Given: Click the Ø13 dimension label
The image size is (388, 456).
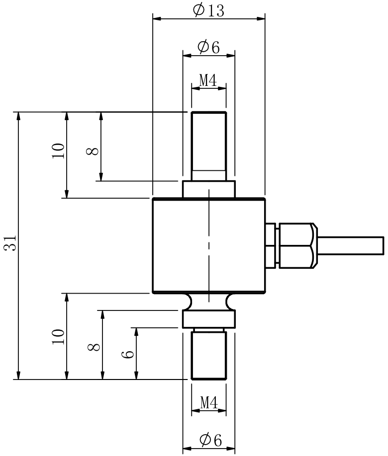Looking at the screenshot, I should click(x=208, y=10).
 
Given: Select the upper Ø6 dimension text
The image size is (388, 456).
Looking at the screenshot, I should click(x=208, y=47).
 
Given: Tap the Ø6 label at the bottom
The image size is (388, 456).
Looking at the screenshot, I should click(x=209, y=439).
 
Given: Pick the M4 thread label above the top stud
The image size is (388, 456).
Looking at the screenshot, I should click(x=208, y=80).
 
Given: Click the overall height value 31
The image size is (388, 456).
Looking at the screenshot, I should click(x=11, y=243).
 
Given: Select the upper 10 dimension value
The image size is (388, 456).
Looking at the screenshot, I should click(x=59, y=150).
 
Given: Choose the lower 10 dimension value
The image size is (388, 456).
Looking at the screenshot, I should click(x=59, y=336).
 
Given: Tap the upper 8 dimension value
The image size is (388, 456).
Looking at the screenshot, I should click(x=93, y=151).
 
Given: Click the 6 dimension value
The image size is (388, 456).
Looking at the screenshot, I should click(x=128, y=354).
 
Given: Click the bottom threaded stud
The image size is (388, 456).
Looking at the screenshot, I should click(x=209, y=355).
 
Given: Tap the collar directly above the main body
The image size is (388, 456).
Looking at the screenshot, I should click(x=208, y=189).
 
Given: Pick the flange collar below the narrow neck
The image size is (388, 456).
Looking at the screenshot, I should click(x=208, y=319).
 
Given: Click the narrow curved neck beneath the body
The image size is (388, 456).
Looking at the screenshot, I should click(x=208, y=301).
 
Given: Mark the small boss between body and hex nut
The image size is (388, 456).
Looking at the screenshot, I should click(x=271, y=245).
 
